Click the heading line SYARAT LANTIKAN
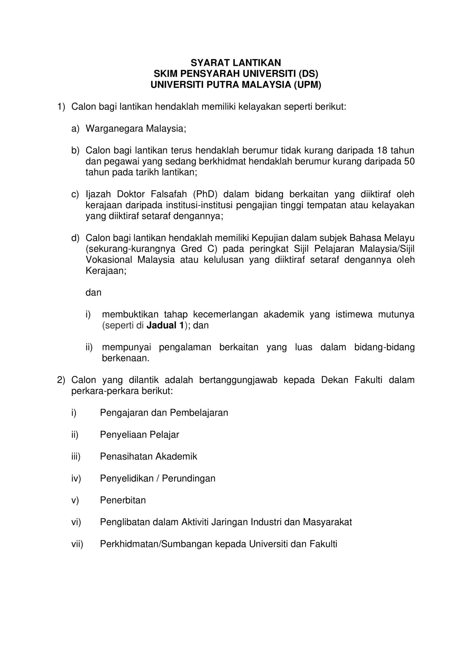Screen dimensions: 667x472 [236, 62]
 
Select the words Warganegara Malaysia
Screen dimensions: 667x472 [136, 129]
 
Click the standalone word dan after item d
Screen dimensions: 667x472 [94, 293]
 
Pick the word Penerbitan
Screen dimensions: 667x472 [123, 500]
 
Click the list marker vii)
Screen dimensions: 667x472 [77, 544]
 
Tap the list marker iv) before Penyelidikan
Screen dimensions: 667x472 [76, 478]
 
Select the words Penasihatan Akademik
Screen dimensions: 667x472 [148, 457]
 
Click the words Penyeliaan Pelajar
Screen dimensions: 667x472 [140, 434]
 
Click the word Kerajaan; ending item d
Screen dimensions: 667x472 [106, 271]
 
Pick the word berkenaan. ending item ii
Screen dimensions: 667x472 [125, 359]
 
